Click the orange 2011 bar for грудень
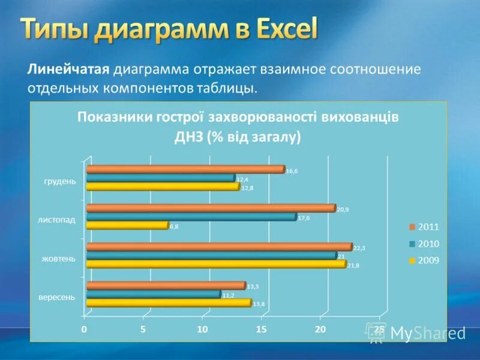click(x=185, y=169)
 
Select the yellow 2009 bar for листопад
click(x=127, y=226)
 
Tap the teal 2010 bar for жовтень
click(x=211, y=256)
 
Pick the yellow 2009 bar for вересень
click(x=168, y=303)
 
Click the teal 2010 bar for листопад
click(x=191, y=217)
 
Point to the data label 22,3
click(x=359, y=248)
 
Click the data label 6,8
click(x=174, y=227)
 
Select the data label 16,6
click(x=292, y=171)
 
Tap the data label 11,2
click(x=228, y=295)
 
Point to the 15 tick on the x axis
click(x=261, y=329)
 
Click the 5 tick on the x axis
click(x=143, y=329)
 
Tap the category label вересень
click(x=57, y=297)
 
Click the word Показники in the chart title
click(x=111, y=117)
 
